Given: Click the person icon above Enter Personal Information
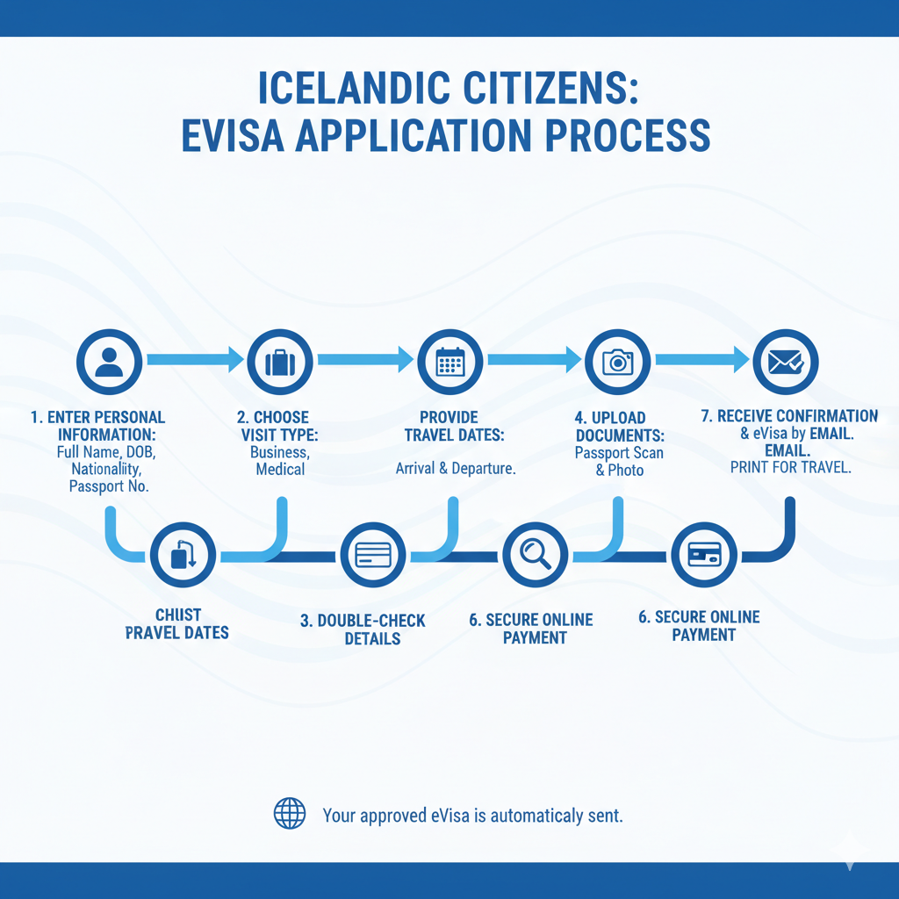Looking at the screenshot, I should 109,361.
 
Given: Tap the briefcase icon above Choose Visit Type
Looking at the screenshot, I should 280,361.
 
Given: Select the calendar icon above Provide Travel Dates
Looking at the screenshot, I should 449,361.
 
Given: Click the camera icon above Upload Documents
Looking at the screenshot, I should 618,361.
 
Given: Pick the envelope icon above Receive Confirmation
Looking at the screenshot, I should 786,361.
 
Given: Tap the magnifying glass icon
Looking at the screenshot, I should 535,555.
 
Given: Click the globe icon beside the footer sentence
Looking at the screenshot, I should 290,814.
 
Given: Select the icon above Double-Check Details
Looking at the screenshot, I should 372,555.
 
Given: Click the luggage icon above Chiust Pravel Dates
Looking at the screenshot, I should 183,555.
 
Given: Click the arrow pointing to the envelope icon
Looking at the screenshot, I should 702,358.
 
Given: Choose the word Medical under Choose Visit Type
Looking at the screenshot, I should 280,469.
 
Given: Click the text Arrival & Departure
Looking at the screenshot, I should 455,468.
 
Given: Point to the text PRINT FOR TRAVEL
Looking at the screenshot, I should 790,468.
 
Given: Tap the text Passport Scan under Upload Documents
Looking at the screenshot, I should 619,453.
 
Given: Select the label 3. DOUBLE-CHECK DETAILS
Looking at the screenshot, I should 363,629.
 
